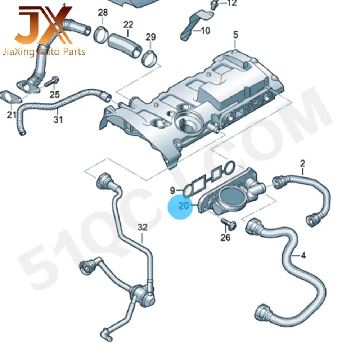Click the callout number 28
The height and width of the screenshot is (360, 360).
pos(103,13)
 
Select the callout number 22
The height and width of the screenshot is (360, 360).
pos(128,24)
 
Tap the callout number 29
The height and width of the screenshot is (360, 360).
pos(150,37)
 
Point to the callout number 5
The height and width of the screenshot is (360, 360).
pos(235,35)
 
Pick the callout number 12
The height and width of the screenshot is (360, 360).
pos(232,4)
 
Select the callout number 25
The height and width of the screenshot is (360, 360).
pos(54,95)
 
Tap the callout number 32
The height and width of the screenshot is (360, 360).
pos(143,227)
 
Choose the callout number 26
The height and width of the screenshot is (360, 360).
pos(225,238)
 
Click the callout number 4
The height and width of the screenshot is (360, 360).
pos(303,256)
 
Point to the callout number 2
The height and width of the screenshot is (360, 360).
pos(302,164)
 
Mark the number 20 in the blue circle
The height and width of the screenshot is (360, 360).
pos(184,206)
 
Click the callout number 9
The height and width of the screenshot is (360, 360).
pos(172,189)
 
